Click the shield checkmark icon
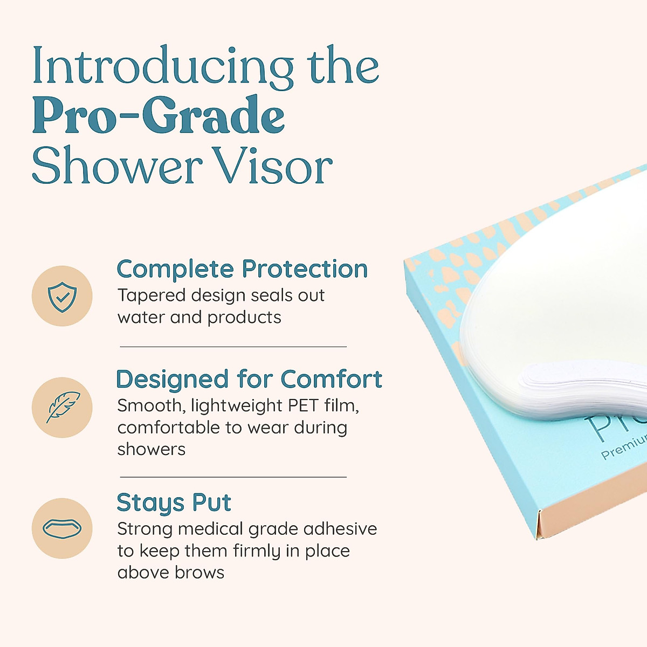62,296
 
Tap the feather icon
62,407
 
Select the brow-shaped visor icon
62,528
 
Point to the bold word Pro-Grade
159,116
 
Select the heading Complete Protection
242,269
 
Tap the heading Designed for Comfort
249,379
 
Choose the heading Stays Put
174,503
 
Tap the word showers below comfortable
152,449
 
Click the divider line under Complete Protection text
233,347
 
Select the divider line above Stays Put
233,477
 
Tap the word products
244,318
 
